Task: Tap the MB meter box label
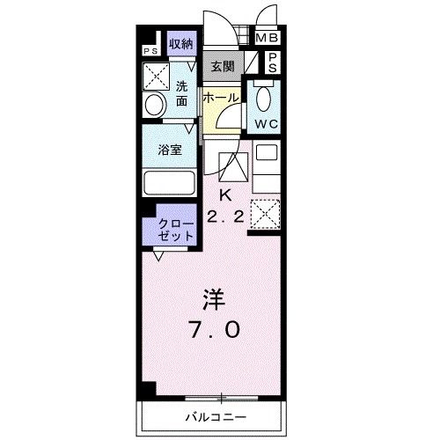(x=266, y=38)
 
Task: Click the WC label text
(x=267, y=124)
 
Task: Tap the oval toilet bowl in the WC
(x=265, y=97)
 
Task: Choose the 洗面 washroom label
(x=181, y=94)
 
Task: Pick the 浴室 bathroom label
(x=171, y=150)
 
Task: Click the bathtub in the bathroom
(x=172, y=186)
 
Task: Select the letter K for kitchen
(x=224, y=194)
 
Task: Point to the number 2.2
(x=225, y=216)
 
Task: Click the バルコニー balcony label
(x=216, y=415)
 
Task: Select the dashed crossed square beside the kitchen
(x=266, y=214)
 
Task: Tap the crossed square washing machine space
(x=158, y=78)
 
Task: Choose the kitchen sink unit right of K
(x=266, y=165)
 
